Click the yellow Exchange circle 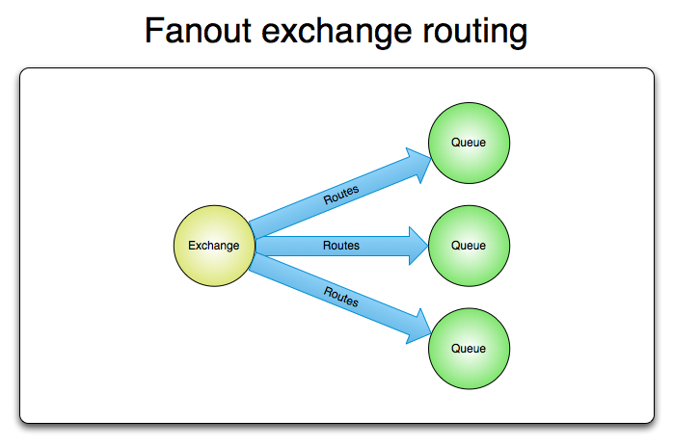[x=213, y=246]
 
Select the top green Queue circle [x=469, y=143]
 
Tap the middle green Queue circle [x=469, y=246]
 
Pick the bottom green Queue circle [x=469, y=349]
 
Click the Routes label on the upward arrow [x=340, y=195]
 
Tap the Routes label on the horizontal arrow [x=340, y=246]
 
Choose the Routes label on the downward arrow [x=340, y=297]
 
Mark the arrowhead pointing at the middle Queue [x=417, y=246]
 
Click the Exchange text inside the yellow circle [x=213, y=246]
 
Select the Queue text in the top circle [x=469, y=143]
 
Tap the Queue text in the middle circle [x=469, y=246]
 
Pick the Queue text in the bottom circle [x=469, y=349]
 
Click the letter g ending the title [x=518, y=35]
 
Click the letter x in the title [x=290, y=34]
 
